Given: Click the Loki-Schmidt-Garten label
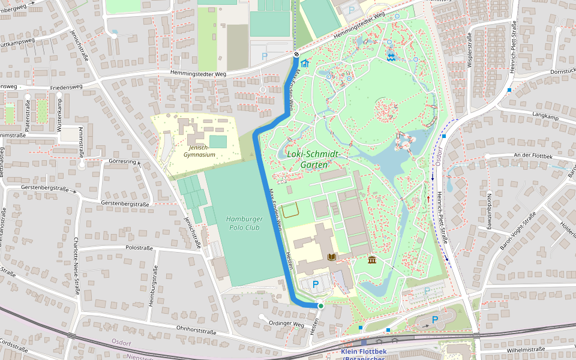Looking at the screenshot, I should [313, 159].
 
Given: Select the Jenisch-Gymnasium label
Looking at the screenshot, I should [199, 151].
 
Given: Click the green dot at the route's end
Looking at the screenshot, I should [320, 306].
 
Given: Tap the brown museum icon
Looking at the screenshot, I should [372, 260].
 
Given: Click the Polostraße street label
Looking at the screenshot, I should [139, 247].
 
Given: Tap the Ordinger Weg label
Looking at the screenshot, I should [287, 324].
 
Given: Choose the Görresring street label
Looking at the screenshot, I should [122, 161].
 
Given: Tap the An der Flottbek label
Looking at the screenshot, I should [531, 155].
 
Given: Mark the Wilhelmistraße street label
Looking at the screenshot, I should [525, 349].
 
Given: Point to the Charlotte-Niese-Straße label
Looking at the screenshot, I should [76, 266].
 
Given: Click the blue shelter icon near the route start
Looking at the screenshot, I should [305, 63].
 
